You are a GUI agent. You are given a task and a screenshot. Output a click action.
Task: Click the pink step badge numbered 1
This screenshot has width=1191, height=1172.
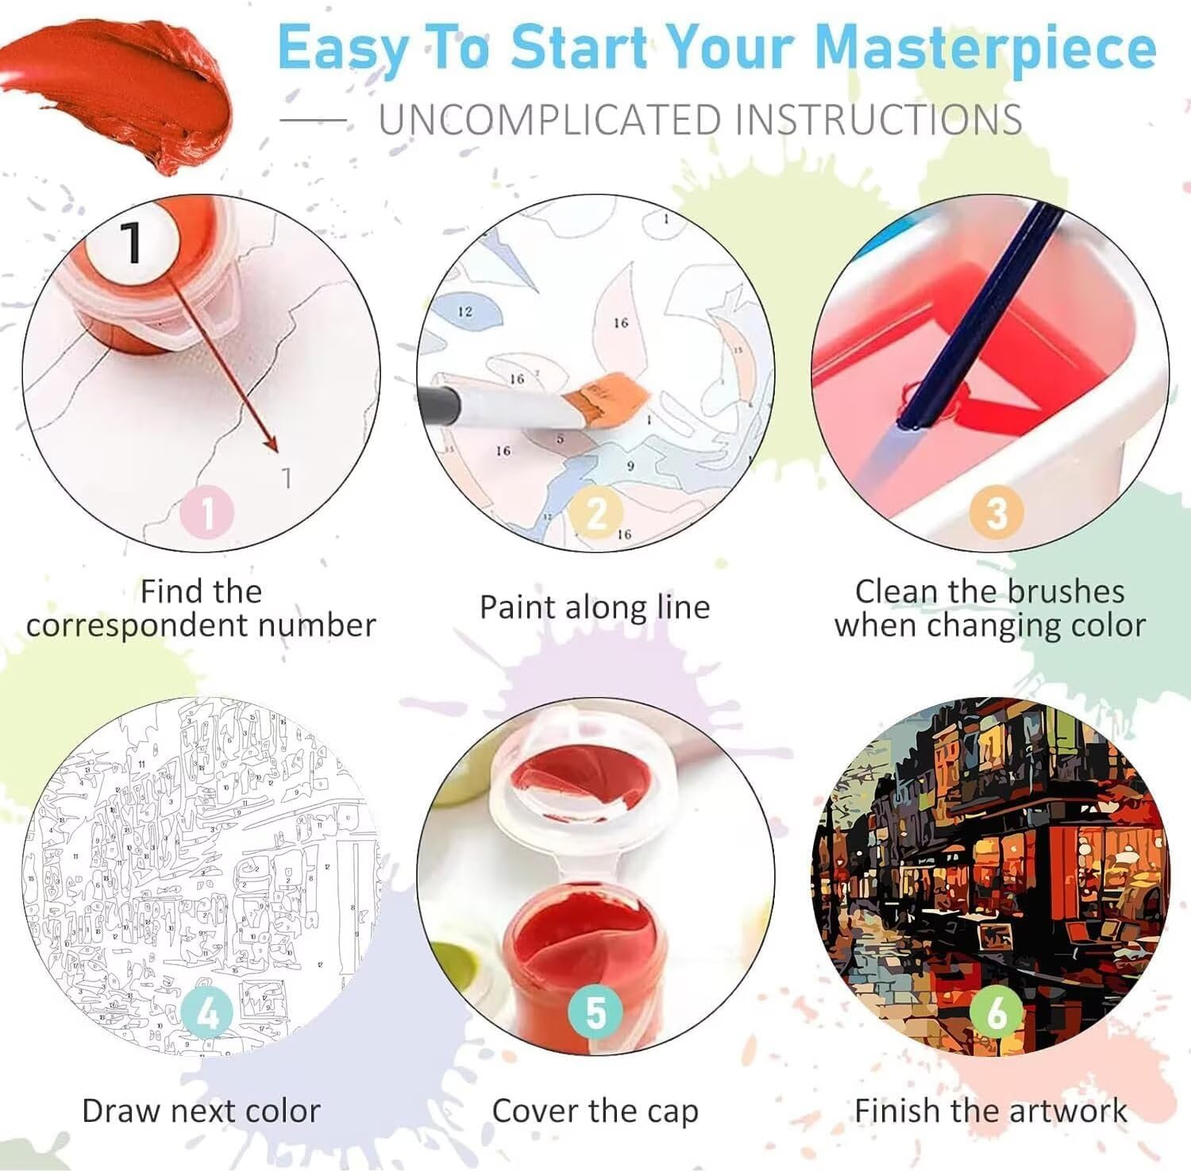click(x=208, y=512)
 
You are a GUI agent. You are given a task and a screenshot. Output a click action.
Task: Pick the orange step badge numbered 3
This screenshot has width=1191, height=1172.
click(x=996, y=513)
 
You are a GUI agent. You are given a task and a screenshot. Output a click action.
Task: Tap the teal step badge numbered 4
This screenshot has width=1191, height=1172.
click(x=208, y=1013)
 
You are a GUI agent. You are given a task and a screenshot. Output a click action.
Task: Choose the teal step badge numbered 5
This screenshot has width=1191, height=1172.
click(x=595, y=1013)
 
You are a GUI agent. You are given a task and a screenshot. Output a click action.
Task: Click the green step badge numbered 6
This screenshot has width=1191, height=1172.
click(x=996, y=1013)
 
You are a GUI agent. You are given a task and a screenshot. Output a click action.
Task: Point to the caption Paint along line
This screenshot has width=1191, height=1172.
click(x=595, y=607)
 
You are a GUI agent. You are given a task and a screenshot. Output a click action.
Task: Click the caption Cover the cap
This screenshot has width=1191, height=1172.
click(x=595, y=1111)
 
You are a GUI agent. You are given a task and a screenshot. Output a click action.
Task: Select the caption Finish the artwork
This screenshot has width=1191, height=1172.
click(x=991, y=1110)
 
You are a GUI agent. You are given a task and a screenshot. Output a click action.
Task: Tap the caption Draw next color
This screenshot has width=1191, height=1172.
click(x=202, y=1111)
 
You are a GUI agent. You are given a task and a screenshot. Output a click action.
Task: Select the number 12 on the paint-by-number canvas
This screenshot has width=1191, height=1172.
click(x=465, y=311)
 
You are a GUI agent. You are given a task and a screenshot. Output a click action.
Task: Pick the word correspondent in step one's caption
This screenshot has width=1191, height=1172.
click(x=137, y=626)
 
